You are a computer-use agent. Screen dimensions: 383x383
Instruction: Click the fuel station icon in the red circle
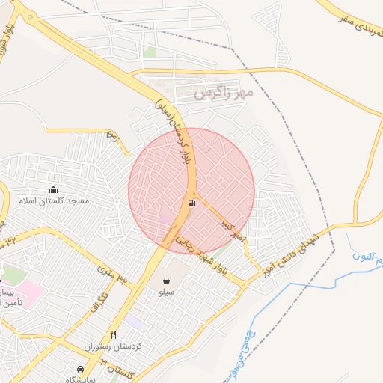click(192, 202)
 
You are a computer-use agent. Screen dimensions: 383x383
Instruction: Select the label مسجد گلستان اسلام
click(56, 202)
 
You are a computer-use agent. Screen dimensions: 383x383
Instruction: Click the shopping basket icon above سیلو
click(165, 281)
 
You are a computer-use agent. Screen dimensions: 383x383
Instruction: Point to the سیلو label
click(165, 293)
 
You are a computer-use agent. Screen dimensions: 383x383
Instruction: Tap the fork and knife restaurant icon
click(114, 334)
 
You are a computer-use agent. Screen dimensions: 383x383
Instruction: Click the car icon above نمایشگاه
click(80, 369)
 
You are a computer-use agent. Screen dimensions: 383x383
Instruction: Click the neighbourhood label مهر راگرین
click(224, 94)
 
